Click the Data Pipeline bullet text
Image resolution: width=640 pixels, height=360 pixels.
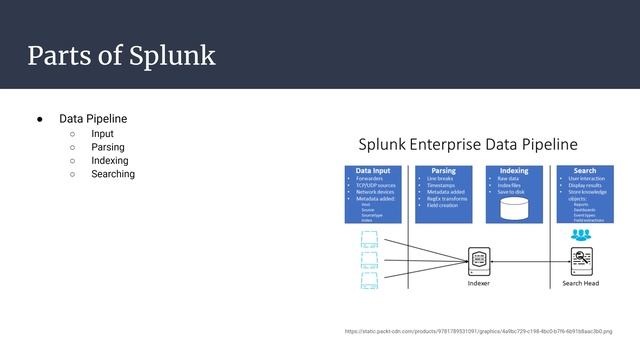click(93, 119)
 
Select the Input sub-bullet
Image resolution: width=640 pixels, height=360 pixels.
click(102, 133)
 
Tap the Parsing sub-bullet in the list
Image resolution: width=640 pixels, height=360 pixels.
click(108, 147)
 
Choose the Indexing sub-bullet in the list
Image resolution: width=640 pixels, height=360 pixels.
click(109, 161)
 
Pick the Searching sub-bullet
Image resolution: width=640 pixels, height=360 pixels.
click(113, 175)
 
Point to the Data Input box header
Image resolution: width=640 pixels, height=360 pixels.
click(380, 171)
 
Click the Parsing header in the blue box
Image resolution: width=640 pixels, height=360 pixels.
click(443, 171)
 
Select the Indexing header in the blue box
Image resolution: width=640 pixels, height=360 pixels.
click(513, 171)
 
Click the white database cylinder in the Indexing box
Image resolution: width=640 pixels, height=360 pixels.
click(514, 207)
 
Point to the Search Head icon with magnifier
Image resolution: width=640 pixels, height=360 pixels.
click(581, 261)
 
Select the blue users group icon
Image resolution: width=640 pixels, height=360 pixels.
click(581, 235)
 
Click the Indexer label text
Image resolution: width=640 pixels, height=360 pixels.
click(479, 283)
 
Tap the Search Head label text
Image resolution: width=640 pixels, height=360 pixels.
click(581, 283)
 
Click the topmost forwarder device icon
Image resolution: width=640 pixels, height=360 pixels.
click(369, 241)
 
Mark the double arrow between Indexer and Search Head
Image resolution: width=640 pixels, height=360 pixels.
click(530, 261)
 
